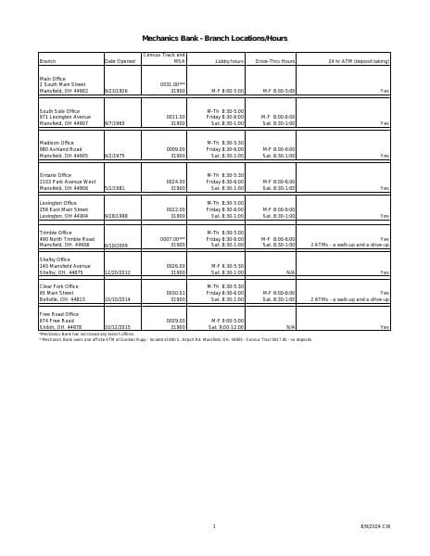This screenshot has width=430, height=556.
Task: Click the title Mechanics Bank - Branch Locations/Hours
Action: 214,38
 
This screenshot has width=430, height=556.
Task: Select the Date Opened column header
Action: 120,61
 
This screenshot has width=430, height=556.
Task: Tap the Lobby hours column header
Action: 230,61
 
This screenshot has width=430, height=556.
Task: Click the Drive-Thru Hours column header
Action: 275,61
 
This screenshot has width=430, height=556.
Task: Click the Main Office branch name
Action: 53,79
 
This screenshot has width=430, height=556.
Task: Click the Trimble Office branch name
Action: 56,233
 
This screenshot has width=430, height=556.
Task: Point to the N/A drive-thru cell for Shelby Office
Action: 290,273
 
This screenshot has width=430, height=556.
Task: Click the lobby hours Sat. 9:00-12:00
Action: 226,327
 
